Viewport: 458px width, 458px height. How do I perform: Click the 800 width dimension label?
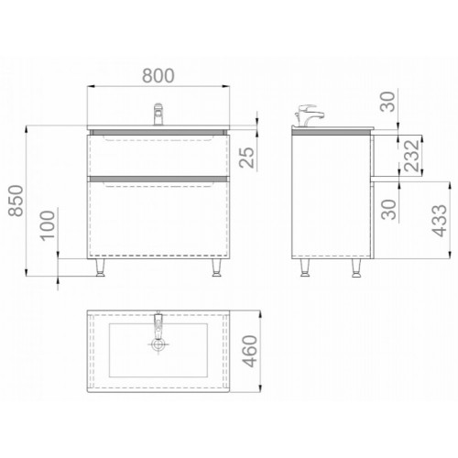coord(158,75)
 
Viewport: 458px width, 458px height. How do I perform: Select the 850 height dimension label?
coord(16,201)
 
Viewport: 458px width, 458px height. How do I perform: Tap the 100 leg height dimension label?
coord(49,225)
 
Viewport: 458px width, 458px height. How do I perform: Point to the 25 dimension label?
coord(246,158)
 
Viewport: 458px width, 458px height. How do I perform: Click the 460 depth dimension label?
coord(249,351)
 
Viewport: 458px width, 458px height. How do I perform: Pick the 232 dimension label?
coord(411,155)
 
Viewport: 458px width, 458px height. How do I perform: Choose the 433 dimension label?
coord(440,220)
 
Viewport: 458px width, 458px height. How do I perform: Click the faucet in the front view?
coord(158,114)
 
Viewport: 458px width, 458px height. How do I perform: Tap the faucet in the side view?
coord(308,115)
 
